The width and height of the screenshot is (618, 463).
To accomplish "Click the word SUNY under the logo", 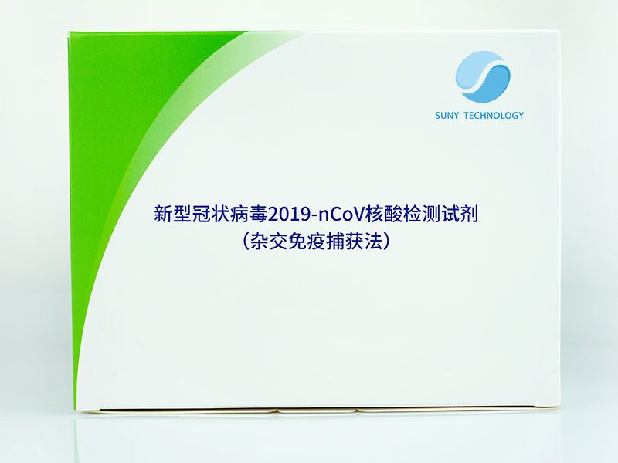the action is tap(447, 116).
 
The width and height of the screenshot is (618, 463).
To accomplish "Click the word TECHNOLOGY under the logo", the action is tap(494, 116).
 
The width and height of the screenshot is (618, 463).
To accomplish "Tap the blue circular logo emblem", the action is tap(483, 76).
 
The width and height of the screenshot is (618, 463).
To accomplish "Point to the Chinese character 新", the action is tap(163, 215).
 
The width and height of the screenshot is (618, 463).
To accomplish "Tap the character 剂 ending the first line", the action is tap(469, 215).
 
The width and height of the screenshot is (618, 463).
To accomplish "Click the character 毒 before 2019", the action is tap(258, 215).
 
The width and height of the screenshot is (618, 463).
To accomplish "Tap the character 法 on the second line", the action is tap(373, 242).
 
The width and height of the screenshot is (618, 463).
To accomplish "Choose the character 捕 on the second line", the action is tap(335, 242).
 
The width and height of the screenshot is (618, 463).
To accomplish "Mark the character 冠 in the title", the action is tap(201, 215).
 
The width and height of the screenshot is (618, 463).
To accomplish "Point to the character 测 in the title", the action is tap(431, 215).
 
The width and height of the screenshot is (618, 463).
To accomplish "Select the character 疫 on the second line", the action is tap(316, 242).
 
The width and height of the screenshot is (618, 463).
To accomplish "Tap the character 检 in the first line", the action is tap(413, 215).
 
